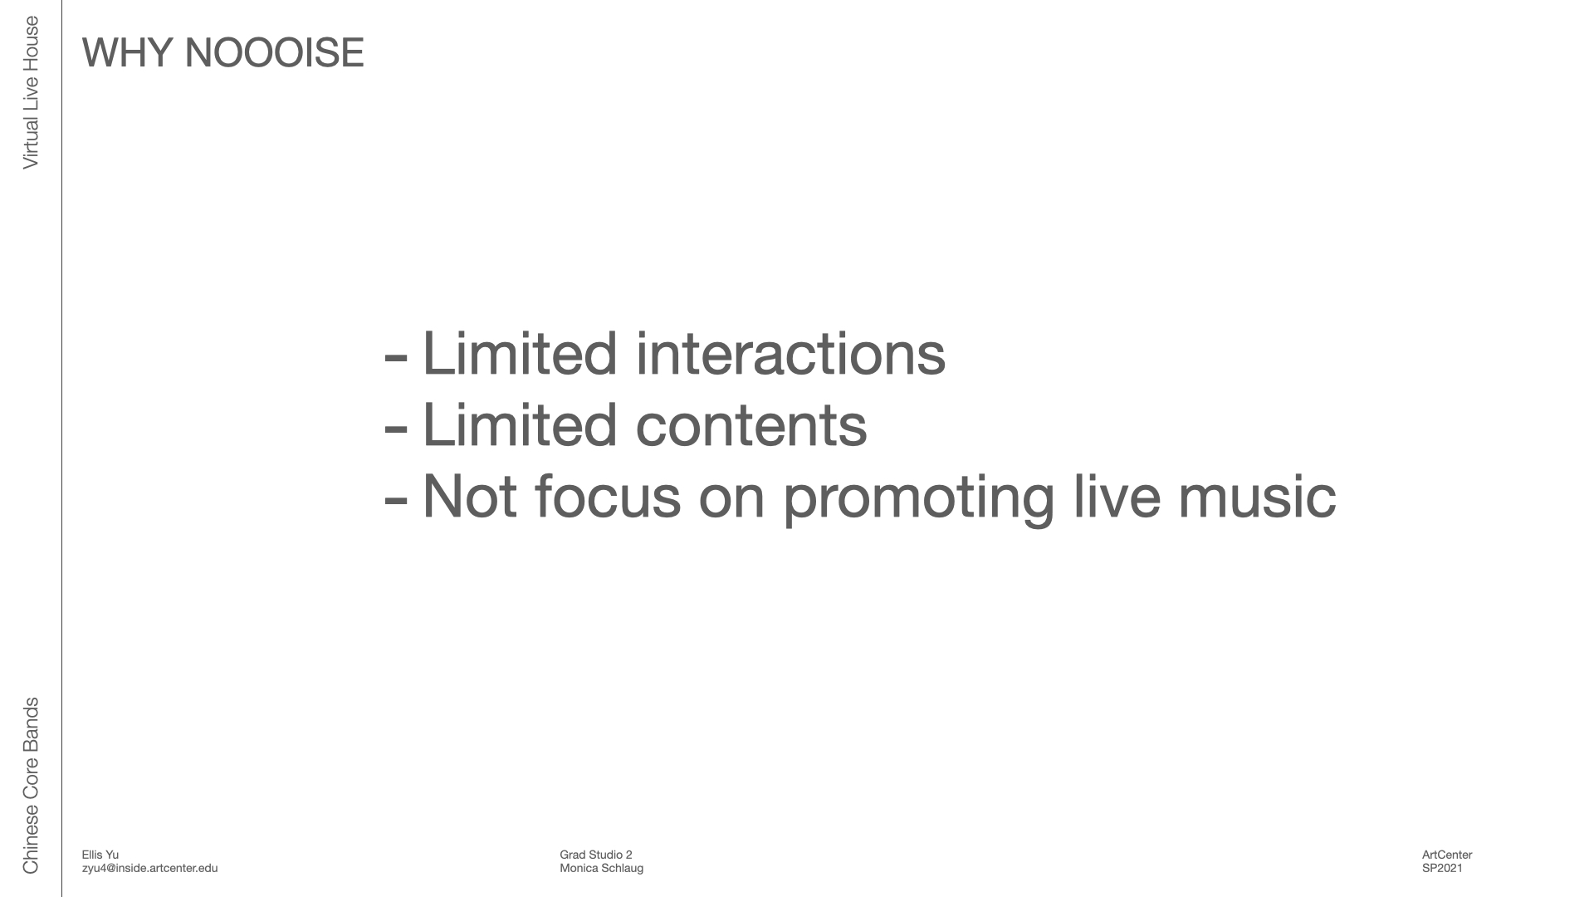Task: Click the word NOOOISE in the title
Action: (274, 52)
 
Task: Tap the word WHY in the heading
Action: (127, 52)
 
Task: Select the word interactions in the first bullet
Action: (790, 354)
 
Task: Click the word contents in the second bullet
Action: (751, 425)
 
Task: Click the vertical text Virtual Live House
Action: (31, 93)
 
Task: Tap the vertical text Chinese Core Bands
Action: (31, 786)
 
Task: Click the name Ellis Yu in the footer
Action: (100, 855)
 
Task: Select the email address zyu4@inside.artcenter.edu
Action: (150, 868)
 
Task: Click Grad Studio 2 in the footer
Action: (596, 855)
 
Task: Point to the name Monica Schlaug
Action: (602, 868)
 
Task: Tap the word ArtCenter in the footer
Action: (1447, 855)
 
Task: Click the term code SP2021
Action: (1442, 868)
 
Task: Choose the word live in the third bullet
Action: (1117, 496)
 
